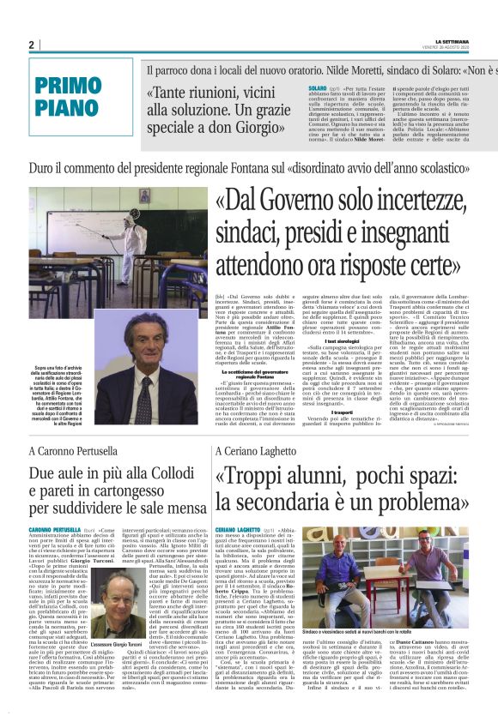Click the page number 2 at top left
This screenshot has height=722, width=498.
tap(31, 45)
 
